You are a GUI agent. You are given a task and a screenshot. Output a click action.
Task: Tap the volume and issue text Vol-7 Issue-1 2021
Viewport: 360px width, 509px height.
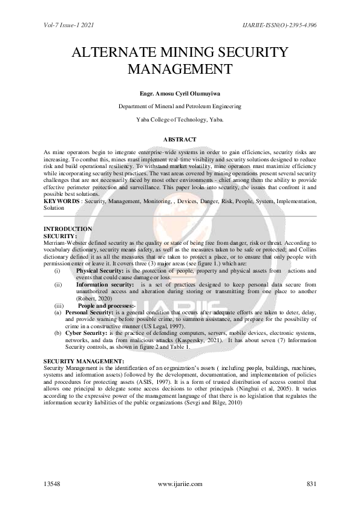coord(70,26)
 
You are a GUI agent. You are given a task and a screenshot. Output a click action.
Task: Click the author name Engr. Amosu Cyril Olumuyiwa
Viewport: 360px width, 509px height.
coord(180,94)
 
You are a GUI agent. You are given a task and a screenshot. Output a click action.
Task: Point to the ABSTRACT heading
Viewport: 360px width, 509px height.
coord(180,140)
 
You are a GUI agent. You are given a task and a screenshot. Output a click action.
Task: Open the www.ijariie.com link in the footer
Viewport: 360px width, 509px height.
coord(180,484)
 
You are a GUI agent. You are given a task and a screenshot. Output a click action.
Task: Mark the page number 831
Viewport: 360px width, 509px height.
coord(312,484)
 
